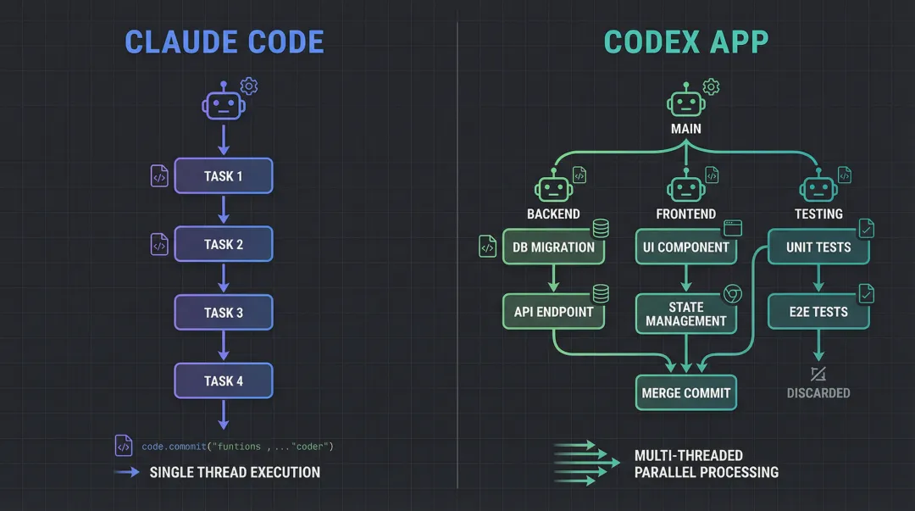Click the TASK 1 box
point(224,175)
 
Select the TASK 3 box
point(224,312)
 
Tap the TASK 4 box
point(224,380)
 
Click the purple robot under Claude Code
point(223,102)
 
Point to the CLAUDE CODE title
point(225,42)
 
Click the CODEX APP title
point(687,42)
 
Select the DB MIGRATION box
point(553,247)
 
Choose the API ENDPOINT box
point(553,312)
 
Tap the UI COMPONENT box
point(686,247)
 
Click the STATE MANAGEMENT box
point(686,314)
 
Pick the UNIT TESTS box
point(818,247)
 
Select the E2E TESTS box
point(818,312)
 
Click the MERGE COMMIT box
point(686,393)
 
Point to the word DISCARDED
point(818,393)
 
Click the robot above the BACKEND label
point(553,188)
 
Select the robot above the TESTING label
point(818,188)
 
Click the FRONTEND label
point(686,214)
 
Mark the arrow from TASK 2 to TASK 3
point(224,278)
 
